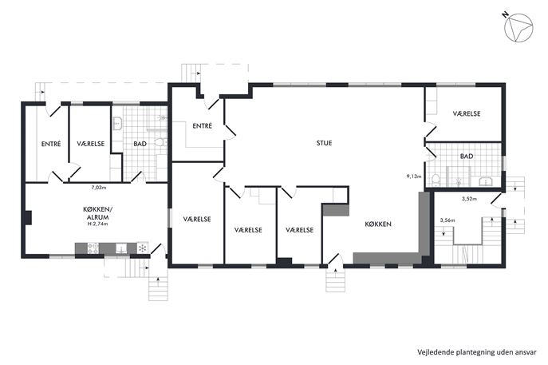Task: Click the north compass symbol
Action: tap(518, 28)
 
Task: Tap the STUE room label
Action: tap(324, 143)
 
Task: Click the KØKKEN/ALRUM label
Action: tap(98, 213)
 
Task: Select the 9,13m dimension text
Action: tap(414, 177)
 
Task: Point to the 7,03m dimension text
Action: tap(99, 188)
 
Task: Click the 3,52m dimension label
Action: tap(469, 199)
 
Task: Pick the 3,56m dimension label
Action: tap(447, 220)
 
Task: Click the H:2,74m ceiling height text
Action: tap(98, 224)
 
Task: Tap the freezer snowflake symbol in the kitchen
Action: tap(142, 248)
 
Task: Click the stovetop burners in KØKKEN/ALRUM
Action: tap(93, 248)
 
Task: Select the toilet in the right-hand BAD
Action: tap(436, 181)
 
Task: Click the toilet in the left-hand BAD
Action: tap(160, 142)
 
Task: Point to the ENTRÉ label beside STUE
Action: tap(202, 125)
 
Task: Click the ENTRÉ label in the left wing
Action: tap(51, 144)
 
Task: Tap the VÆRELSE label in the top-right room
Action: tap(467, 113)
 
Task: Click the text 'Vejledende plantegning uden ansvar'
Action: tap(477, 352)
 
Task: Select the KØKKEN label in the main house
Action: tap(378, 224)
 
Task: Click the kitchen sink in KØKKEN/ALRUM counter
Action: tap(121, 248)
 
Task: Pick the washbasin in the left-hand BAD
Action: tap(117, 124)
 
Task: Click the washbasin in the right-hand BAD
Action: tap(485, 181)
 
